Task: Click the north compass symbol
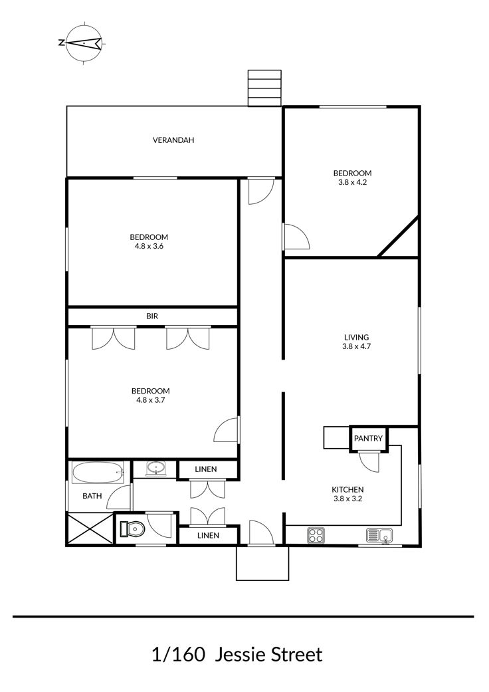click(83, 43)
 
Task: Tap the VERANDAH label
click(173, 140)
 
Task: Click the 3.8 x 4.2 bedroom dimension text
click(352, 182)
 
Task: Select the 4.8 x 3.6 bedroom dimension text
click(149, 246)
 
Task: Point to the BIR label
click(152, 316)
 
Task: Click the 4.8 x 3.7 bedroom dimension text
click(150, 400)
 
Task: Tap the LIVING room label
click(356, 338)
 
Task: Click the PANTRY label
click(368, 438)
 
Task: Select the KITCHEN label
click(347, 489)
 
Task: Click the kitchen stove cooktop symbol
click(316, 535)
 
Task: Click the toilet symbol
click(132, 528)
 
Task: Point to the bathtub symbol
click(98, 472)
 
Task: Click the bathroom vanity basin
click(155, 468)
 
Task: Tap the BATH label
click(92, 496)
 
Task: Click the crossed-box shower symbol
click(90, 528)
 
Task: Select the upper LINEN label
click(206, 469)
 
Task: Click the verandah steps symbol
click(264, 88)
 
